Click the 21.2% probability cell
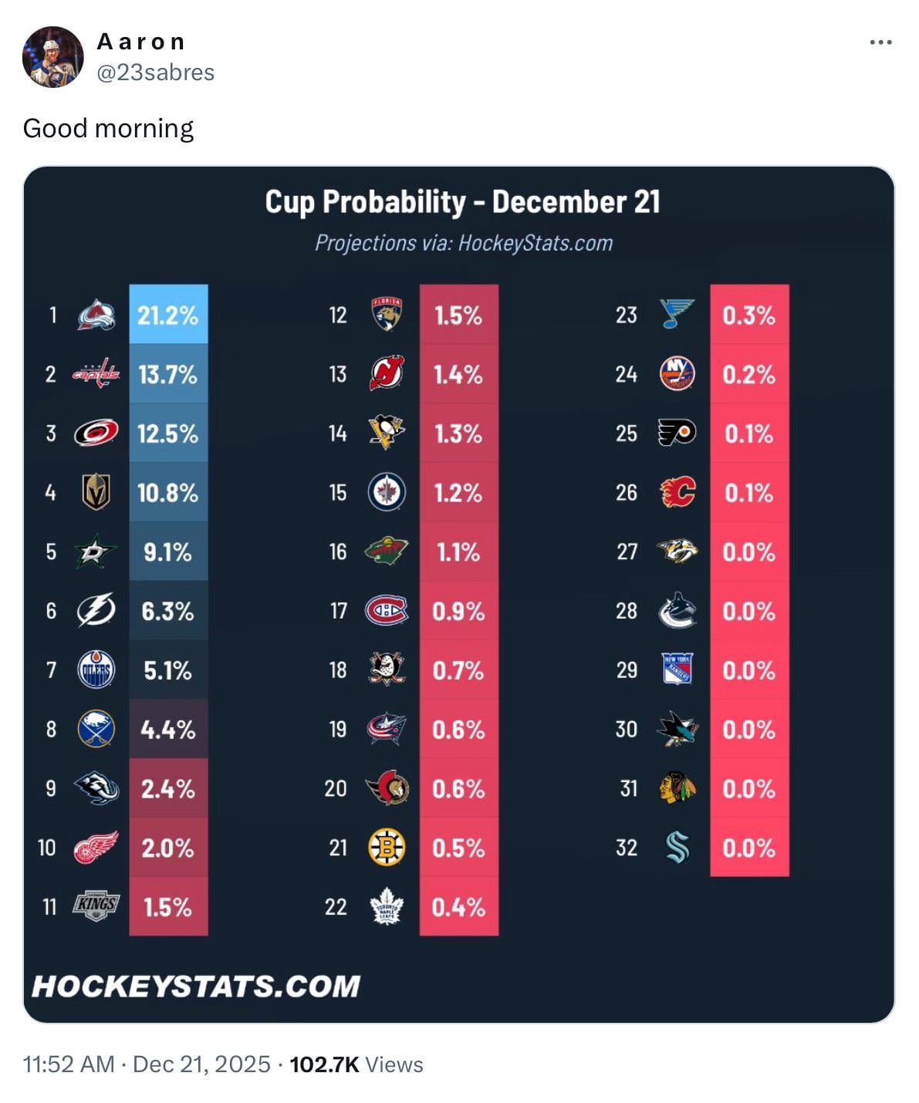(168, 315)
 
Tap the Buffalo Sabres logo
(96, 729)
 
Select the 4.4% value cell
(168, 730)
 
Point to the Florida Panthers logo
(387, 314)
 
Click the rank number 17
(338, 611)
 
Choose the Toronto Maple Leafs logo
(387, 906)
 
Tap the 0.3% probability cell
(748, 315)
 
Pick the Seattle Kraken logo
(677, 848)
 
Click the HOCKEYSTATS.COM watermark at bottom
(196, 986)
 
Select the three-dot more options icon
(880, 42)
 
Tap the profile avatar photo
(52, 57)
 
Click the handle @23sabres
(156, 73)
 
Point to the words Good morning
(108, 128)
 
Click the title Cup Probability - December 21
(462, 202)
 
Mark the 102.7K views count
(324, 1064)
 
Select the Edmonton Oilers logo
(96, 670)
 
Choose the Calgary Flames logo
(677, 492)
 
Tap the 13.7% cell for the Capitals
(168, 374)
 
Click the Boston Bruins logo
(387, 848)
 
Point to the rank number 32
(627, 848)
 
